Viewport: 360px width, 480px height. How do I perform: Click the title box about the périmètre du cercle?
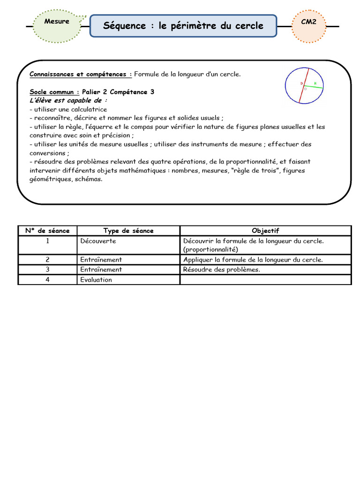point(183,26)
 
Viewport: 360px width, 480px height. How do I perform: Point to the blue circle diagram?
point(304,85)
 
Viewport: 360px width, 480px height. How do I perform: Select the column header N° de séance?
point(47,231)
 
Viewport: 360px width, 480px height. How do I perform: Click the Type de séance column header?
point(128,231)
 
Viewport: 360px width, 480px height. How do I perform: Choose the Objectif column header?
point(265,231)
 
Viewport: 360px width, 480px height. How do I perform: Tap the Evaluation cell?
point(96,280)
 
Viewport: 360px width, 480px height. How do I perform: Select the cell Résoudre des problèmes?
point(222,270)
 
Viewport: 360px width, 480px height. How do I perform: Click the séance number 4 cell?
point(47,280)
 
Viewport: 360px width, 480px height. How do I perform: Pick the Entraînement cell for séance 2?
point(101,260)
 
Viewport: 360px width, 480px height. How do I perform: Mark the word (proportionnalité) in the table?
point(211,249)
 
